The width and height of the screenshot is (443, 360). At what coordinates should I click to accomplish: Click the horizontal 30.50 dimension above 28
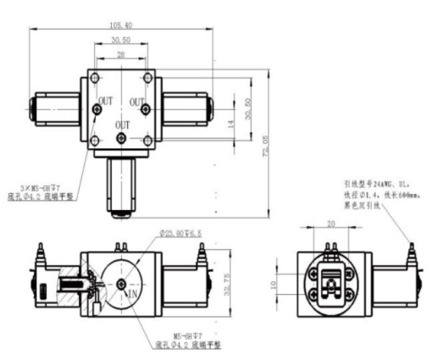click(x=121, y=40)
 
